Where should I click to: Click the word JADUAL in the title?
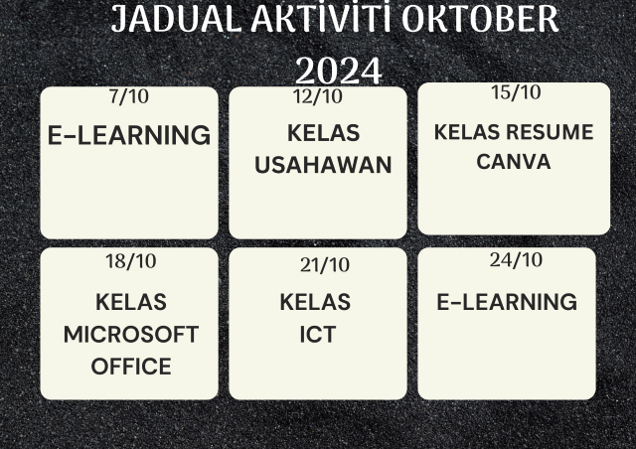click(177, 19)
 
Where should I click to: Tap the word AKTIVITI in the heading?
click(320, 18)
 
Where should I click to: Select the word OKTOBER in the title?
click(480, 19)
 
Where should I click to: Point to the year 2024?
click(339, 71)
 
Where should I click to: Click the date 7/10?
click(129, 96)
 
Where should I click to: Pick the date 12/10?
click(318, 96)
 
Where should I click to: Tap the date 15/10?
click(516, 92)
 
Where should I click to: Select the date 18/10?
click(130, 261)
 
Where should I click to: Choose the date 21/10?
click(325, 265)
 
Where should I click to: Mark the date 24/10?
click(516, 260)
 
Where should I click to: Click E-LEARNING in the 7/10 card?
click(129, 135)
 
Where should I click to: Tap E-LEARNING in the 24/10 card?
click(507, 302)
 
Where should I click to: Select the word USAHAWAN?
click(323, 165)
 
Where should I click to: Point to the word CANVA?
click(514, 162)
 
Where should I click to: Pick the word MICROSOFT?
click(131, 335)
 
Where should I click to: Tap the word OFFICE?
click(131, 367)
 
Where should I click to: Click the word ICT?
click(318, 335)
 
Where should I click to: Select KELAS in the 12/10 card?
click(323, 133)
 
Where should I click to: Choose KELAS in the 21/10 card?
click(315, 302)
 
